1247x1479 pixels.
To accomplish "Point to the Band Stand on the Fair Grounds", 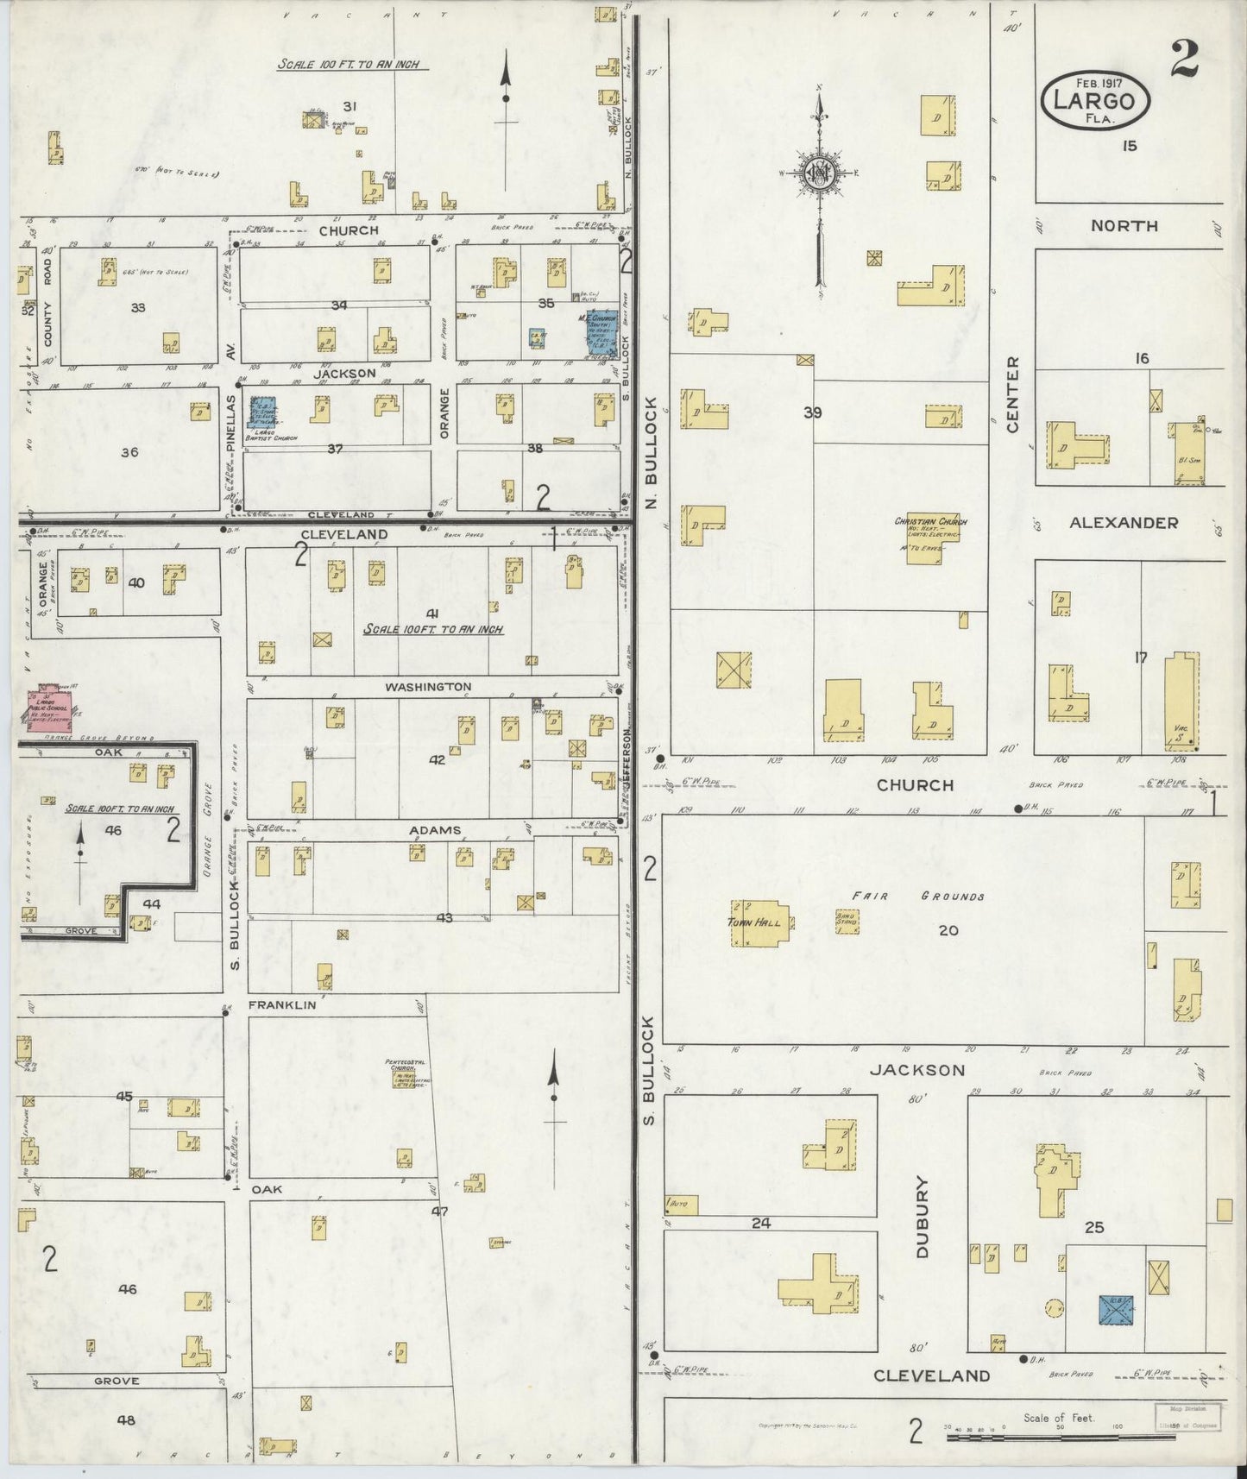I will pyautogui.click(x=847, y=922).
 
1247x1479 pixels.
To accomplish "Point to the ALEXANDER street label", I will pyautogui.click(x=1123, y=522).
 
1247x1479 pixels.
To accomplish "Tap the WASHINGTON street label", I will pyautogui.click(x=428, y=687).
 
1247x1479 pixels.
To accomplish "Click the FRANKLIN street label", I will pyautogui.click(x=282, y=1005).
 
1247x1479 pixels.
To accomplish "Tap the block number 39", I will pyautogui.click(x=812, y=412).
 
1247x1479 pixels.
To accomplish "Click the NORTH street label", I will pyautogui.click(x=1124, y=225).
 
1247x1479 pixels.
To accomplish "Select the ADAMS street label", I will pyautogui.click(x=434, y=830).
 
